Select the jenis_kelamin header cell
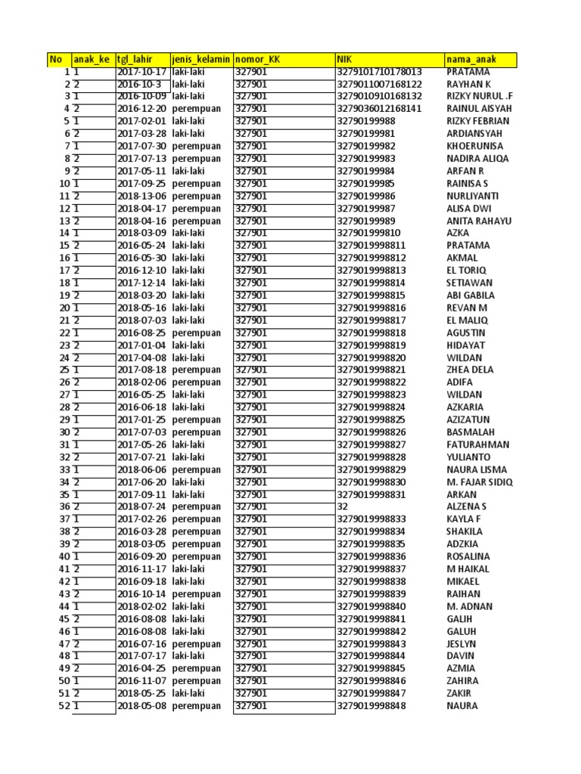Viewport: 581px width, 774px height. (200, 60)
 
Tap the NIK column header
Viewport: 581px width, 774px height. (345, 60)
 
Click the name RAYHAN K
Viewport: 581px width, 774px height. (468, 84)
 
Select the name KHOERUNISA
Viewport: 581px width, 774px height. (474, 146)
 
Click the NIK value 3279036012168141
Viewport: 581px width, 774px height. (379, 109)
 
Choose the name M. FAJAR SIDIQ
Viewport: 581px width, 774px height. (479, 482)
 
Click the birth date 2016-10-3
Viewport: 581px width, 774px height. (139, 84)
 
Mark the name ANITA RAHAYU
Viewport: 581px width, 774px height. (479, 221)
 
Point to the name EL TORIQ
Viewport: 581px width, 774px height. (467, 271)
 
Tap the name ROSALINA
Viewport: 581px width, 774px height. (469, 556)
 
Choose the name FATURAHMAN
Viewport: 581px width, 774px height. (478, 444)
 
